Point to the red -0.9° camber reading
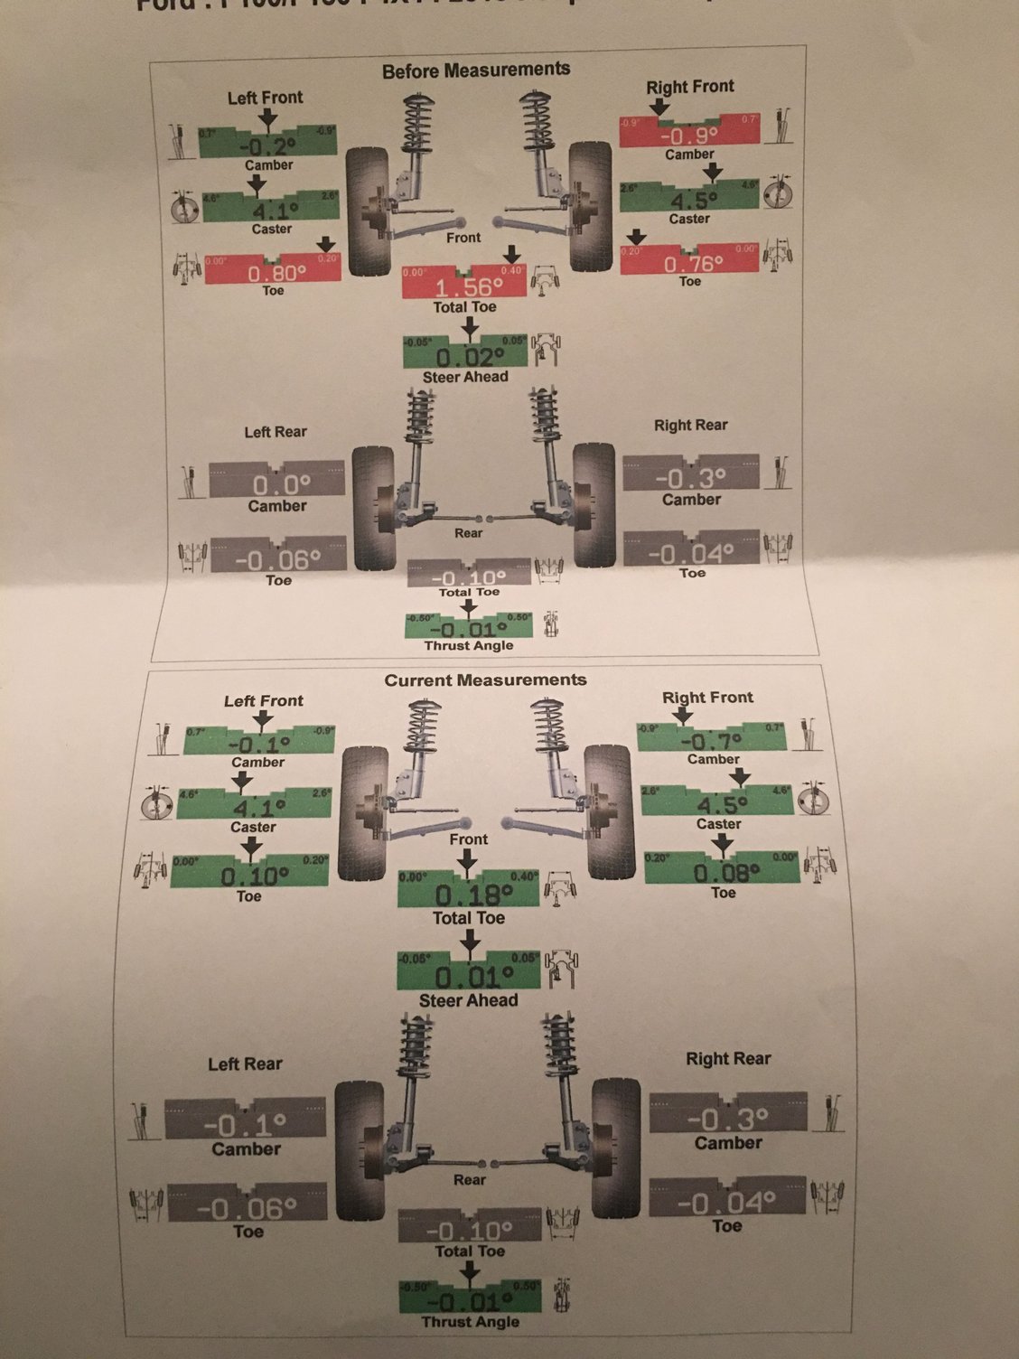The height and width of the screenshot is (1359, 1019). tap(688, 136)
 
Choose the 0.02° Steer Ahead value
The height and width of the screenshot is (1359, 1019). tap(464, 356)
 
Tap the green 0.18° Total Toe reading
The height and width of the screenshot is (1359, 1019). tap(468, 895)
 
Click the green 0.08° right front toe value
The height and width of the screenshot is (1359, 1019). tap(722, 872)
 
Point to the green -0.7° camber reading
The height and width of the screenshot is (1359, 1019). tap(711, 740)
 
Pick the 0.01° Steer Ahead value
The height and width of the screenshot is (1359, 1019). tap(468, 977)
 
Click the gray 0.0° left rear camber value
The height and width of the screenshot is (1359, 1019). tap(276, 484)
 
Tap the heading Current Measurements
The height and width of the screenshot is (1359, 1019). tap(485, 680)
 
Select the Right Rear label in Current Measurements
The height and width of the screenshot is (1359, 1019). tap(728, 1058)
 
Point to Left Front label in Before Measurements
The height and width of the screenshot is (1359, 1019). tap(265, 98)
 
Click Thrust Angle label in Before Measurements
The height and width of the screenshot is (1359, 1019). tap(468, 646)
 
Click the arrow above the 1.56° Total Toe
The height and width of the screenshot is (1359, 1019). tap(511, 254)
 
